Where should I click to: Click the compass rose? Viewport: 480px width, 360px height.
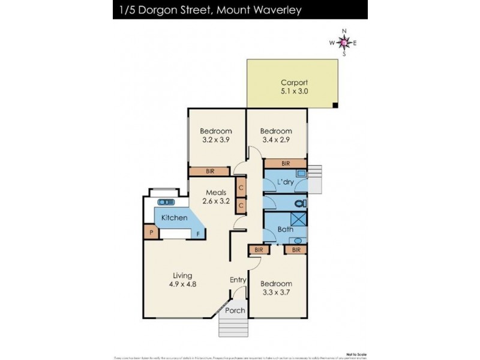(343, 42)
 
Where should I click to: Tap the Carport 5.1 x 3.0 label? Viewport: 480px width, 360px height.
(294, 88)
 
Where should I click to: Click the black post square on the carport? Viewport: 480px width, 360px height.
(335, 106)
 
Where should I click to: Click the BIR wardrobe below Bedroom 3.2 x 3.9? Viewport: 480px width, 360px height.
(210, 172)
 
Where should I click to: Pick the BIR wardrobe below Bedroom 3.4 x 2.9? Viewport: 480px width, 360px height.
(286, 163)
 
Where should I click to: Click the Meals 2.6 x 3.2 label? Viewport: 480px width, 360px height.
(216, 197)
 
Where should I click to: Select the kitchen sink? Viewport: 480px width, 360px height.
(166, 202)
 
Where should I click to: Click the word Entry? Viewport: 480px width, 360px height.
(238, 280)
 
